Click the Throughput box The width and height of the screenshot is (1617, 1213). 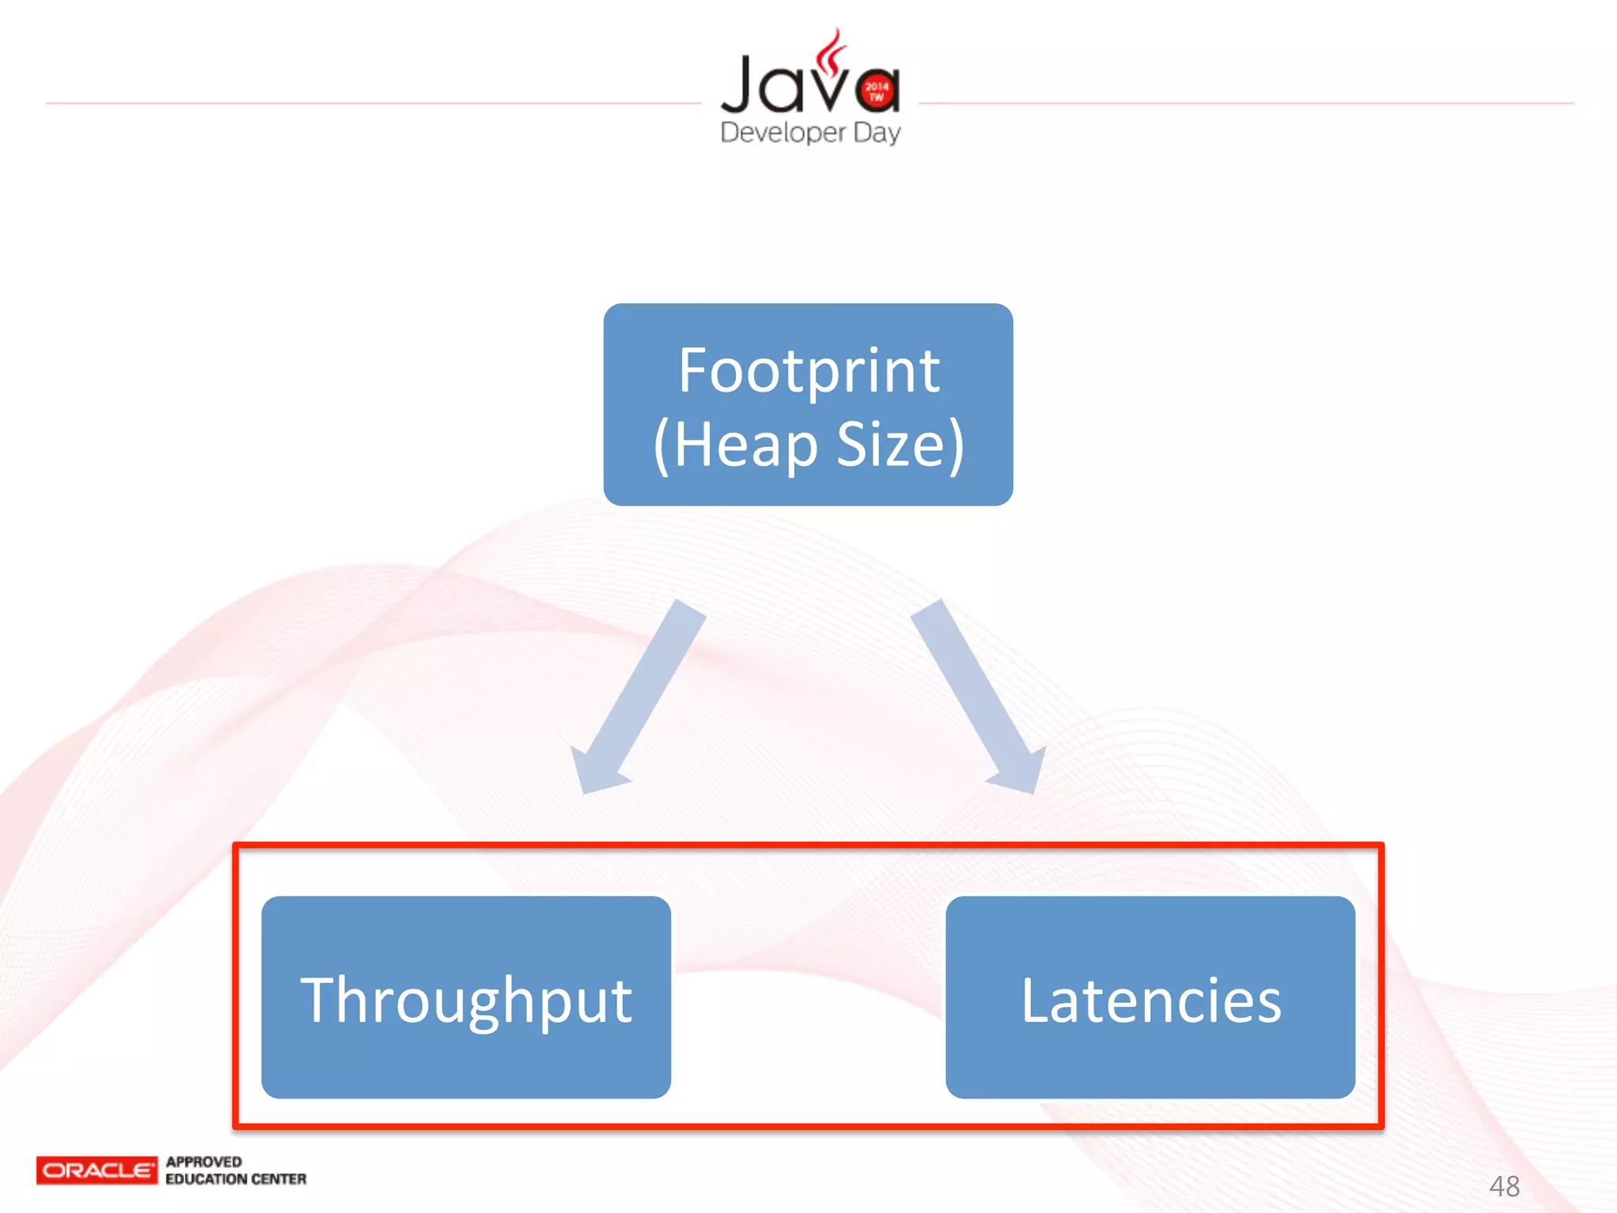tap(466, 997)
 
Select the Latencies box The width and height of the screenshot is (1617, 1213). tap(1150, 997)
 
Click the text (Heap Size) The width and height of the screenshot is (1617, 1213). tap(808, 444)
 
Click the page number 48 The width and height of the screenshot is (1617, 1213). tap(1504, 1186)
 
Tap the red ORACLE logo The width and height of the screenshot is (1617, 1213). tap(97, 1170)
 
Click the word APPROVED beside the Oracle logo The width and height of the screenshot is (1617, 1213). tap(204, 1162)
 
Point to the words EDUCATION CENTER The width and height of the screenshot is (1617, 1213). tap(235, 1179)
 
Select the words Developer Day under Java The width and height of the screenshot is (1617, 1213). tap(810, 132)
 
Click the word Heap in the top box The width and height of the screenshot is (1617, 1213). tap(746, 445)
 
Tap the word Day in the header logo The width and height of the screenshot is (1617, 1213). tap(877, 133)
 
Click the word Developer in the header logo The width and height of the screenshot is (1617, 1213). tap(783, 132)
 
